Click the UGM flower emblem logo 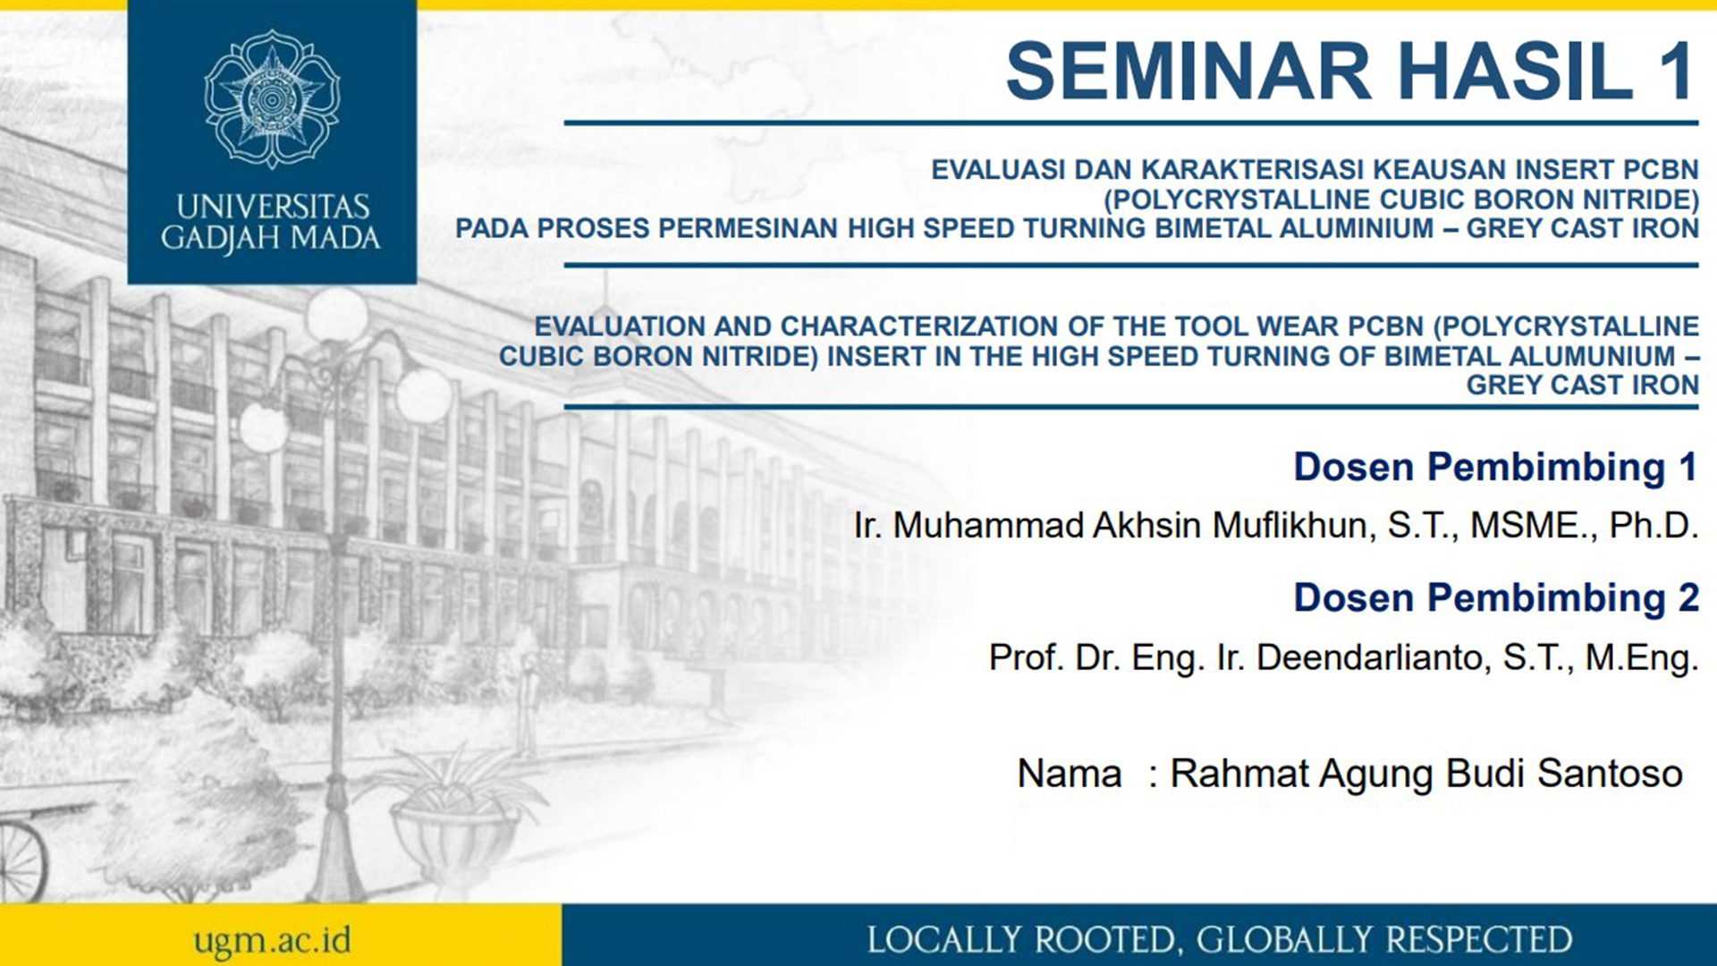272,98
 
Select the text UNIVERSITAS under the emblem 272,207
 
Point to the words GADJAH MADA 271,238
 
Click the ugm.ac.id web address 272,940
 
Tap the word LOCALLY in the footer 944,940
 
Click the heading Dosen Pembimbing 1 1495,467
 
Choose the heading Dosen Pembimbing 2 1495,597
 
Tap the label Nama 1069,774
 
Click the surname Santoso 1610,774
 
